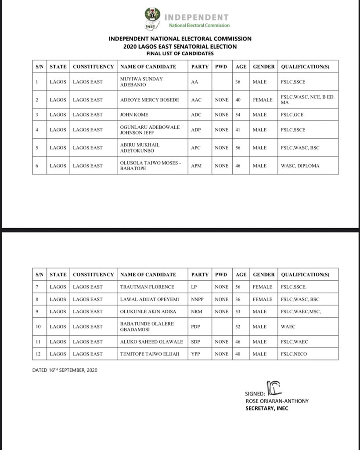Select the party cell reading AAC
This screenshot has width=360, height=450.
[196, 100]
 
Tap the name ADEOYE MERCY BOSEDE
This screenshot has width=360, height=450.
[149, 100]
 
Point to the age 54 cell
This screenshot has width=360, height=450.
[239, 115]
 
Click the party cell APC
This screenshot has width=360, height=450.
[196, 148]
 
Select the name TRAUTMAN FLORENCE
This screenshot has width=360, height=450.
[147, 287]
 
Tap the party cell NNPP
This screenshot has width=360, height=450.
[198, 299]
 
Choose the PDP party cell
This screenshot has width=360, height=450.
[196, 327]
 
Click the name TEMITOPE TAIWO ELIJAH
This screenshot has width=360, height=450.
[150, 354]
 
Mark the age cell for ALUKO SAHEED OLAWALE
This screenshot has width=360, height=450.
[239, 341]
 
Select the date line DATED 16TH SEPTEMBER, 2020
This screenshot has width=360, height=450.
[65, 370]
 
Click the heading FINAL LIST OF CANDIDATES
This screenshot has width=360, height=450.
[180, 53]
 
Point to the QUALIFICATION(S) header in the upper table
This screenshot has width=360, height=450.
[305, 67]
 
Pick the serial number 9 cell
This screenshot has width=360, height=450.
[38, 312]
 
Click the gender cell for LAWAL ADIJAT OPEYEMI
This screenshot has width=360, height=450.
[263, 299]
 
